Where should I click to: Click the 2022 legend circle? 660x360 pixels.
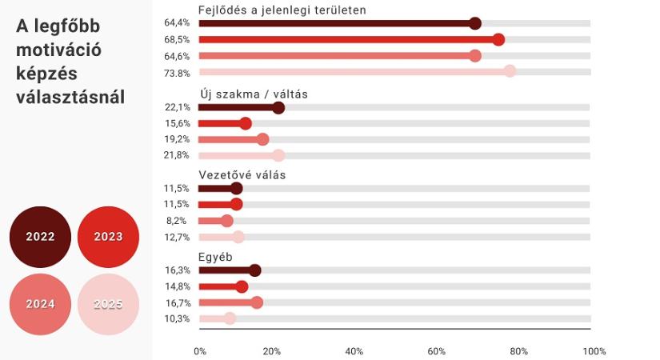point(41,237)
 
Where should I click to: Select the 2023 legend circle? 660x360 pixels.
point(108,237)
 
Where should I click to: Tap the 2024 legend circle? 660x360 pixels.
point(41,304)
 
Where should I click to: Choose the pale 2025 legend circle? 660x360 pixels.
point(108,304)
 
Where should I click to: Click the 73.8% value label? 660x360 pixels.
point(178,72)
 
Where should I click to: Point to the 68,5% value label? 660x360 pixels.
point(178,40)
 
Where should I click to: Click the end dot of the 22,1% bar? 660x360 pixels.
point(278,108)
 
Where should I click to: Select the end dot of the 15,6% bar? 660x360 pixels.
point(246,124)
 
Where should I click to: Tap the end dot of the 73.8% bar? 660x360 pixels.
point(510,72)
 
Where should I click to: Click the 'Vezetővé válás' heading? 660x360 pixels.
point(242,174)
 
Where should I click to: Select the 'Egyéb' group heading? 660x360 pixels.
point(216,257)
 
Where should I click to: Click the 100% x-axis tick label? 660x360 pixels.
point(594,350)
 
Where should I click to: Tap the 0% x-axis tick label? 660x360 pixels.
point(200,350)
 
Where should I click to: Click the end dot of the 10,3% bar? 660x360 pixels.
point(230,318)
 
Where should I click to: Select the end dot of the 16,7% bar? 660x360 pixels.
point(257,302)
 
